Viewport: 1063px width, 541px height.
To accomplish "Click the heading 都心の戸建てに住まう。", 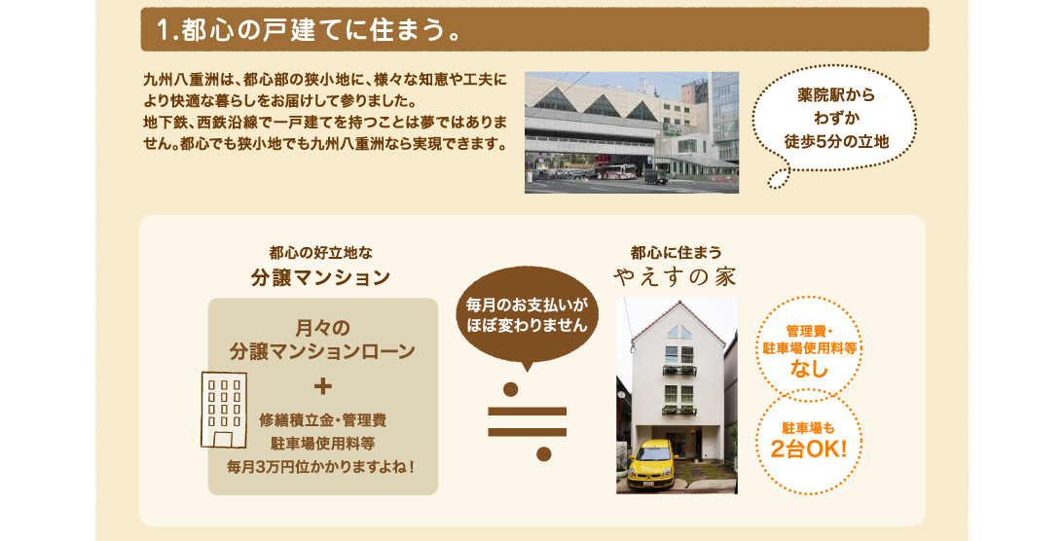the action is tap(309, 30).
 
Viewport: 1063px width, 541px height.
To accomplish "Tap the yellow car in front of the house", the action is tap(652, 464).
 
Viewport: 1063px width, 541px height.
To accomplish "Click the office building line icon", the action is tap(224, 410).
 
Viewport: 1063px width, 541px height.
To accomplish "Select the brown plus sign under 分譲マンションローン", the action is tap(323, 386).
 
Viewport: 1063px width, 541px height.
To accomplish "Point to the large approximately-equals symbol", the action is tap(528, 421).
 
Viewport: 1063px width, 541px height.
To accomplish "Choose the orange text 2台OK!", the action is tap(809, 449).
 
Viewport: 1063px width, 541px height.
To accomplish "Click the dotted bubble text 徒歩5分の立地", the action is tap(836, 142).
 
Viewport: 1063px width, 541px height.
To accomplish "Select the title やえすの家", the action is tap(675, 276).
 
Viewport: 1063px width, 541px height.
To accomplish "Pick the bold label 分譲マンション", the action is tap(320, 277).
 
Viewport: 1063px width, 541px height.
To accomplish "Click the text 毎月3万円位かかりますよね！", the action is tap(320, 467).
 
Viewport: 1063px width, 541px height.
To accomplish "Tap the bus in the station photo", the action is tap(615, 171).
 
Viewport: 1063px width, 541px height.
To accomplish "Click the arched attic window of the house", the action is tap(678, 332).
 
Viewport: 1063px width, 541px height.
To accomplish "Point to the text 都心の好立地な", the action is tap(320, 253).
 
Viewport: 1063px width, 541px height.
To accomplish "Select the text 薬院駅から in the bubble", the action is tap(836, 95).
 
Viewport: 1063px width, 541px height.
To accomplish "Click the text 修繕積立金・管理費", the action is tap(323, 420).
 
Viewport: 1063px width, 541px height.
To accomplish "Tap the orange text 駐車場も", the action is tap(809, 428).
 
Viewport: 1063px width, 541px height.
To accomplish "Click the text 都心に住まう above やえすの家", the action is tap(676, 253).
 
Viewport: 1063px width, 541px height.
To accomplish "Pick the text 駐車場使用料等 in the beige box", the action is tap(323, 444).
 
